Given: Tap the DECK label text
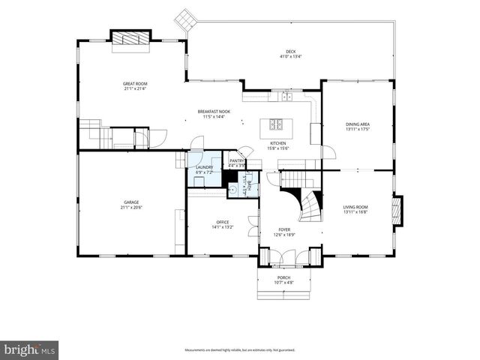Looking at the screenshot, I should (x=290, y=52).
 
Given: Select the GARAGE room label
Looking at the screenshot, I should (x=131, y=202).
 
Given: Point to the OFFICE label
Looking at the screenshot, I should (x=223, y=222).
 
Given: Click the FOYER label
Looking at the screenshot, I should (x=284, y=230).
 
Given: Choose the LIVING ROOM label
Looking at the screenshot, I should (x=355, y=207).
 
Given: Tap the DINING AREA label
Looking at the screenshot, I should (x=358, y=124).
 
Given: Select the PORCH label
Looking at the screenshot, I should (x=283, y=277).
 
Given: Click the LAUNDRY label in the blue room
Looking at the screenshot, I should (x=204, y=167).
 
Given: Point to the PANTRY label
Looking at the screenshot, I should (x=237, y=160).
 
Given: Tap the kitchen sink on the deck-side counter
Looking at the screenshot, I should (x=285, y=96).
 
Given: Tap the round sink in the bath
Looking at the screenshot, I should (x=233, y=190).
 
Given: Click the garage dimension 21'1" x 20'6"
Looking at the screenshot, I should (x=131, y=207).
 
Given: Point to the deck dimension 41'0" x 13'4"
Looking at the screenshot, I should (x=290, y=57).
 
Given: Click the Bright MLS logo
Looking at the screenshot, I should (x=30, y=349).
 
